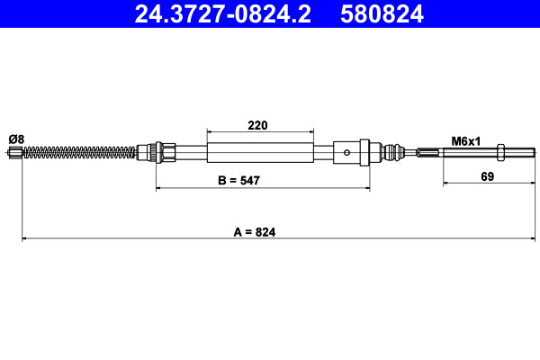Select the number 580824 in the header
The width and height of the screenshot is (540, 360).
pyautogui.click(x=382, y=13)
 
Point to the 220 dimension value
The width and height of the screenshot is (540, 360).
pyautogui.click(x=258, y=125)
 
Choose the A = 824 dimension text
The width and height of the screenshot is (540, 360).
pyautogui.click(x=254, y=231)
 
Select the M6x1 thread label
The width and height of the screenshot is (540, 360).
pyautogui.click(x=466, y=140)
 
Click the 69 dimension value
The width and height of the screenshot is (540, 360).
pyautogui.click(x=487, y=177)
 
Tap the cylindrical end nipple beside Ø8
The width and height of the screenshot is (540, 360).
pyautogui.click(x=13, y=153)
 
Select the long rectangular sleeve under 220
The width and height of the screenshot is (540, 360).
pyautogui.click(x=261, y=151)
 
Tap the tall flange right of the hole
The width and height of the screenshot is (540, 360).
pyautogui.click(x=364, y=151)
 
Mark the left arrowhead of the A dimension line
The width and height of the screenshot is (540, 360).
pyautogui.click(x=24, y=239)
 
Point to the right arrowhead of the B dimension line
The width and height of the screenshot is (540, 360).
pyautogui.click(x=366, y=188)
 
